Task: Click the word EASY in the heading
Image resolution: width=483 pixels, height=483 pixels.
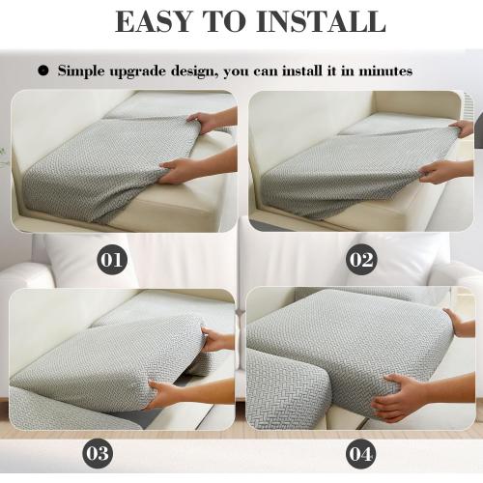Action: (x=158, y=21)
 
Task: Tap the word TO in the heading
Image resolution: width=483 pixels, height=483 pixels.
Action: (x=232, y=21)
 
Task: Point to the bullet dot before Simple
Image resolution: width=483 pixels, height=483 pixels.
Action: (x=43, y=71)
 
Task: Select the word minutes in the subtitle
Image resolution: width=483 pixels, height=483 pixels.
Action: (x=384, y=71)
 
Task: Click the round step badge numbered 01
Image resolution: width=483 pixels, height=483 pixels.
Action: (x=114, y=260)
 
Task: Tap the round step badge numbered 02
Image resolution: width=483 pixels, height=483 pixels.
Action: (x=361, y=260)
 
